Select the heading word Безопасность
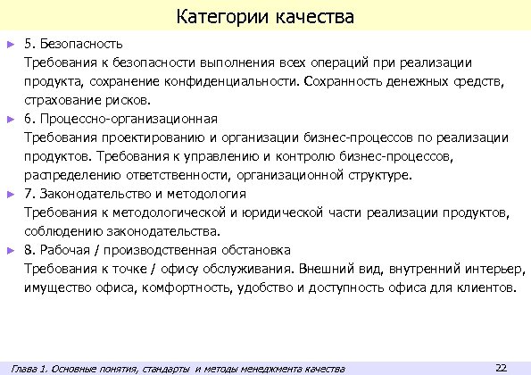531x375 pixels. [86, 43]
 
